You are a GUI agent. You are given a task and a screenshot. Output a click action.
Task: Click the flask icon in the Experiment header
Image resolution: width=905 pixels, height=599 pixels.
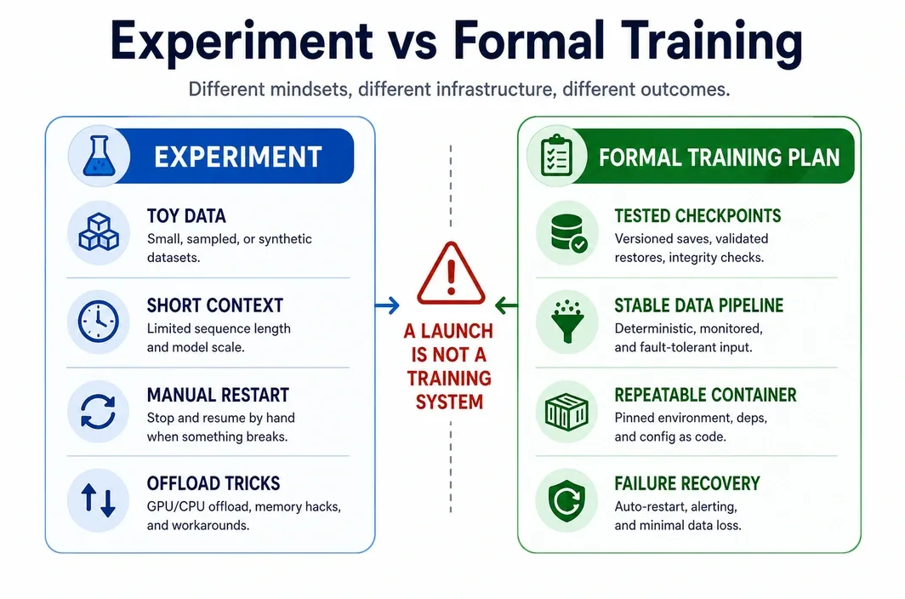pyautogui.click(x=99, y=156)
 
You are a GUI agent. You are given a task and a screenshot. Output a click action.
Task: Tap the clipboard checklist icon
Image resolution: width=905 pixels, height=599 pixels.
pyautogui.click(x=556, y=156)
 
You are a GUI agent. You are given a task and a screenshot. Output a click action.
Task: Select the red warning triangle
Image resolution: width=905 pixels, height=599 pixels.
pyautogui.click(x=451, y=273)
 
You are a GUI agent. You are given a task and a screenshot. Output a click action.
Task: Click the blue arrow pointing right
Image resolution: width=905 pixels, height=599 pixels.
pyautogui.click(x=387, y=305)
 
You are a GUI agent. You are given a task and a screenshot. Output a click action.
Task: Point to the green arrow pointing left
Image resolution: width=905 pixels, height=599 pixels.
pyautogui.click(x=507, y=305)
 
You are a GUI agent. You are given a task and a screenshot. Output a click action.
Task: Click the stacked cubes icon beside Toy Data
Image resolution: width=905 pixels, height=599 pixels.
pyautogui.click(x=99, y=232)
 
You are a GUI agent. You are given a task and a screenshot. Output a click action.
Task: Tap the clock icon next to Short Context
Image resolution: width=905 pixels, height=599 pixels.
pyautogui.click(x=98, y=322)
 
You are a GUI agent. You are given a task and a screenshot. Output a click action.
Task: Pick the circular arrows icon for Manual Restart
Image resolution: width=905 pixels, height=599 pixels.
pyautogui.click(x=98, y=411)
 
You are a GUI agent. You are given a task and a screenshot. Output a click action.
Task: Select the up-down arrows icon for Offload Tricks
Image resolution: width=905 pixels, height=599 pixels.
pyautogui.click(x=98, y=500)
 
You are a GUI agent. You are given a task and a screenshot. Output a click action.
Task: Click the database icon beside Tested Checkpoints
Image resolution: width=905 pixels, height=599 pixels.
pyautogui.click(x=568, y=233)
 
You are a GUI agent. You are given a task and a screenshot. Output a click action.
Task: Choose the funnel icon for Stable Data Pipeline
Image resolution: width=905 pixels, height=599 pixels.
pyautogui.click(x=567, y=322)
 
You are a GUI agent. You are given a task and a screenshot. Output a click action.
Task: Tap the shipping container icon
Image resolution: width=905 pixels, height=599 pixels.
pyautogui.click(x=566, y=411)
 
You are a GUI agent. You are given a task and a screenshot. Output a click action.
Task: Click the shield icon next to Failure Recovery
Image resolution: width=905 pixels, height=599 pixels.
pyautogui.click(x=566, y=500)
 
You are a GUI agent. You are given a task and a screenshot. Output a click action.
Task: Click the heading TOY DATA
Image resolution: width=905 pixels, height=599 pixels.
pyautogui.click(x=185, y=216)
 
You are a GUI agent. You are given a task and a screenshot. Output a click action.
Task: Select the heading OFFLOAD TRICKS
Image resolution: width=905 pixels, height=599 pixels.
pyautogui.click(x=213, y=483)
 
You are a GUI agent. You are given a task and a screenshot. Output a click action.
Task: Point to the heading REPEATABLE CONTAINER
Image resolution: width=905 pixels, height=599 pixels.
pyautogui.click(x=705, y=395)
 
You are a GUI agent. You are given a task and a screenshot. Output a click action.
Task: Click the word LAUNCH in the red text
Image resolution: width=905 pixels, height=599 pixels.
pyautogui.click(x=457, y=331)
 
